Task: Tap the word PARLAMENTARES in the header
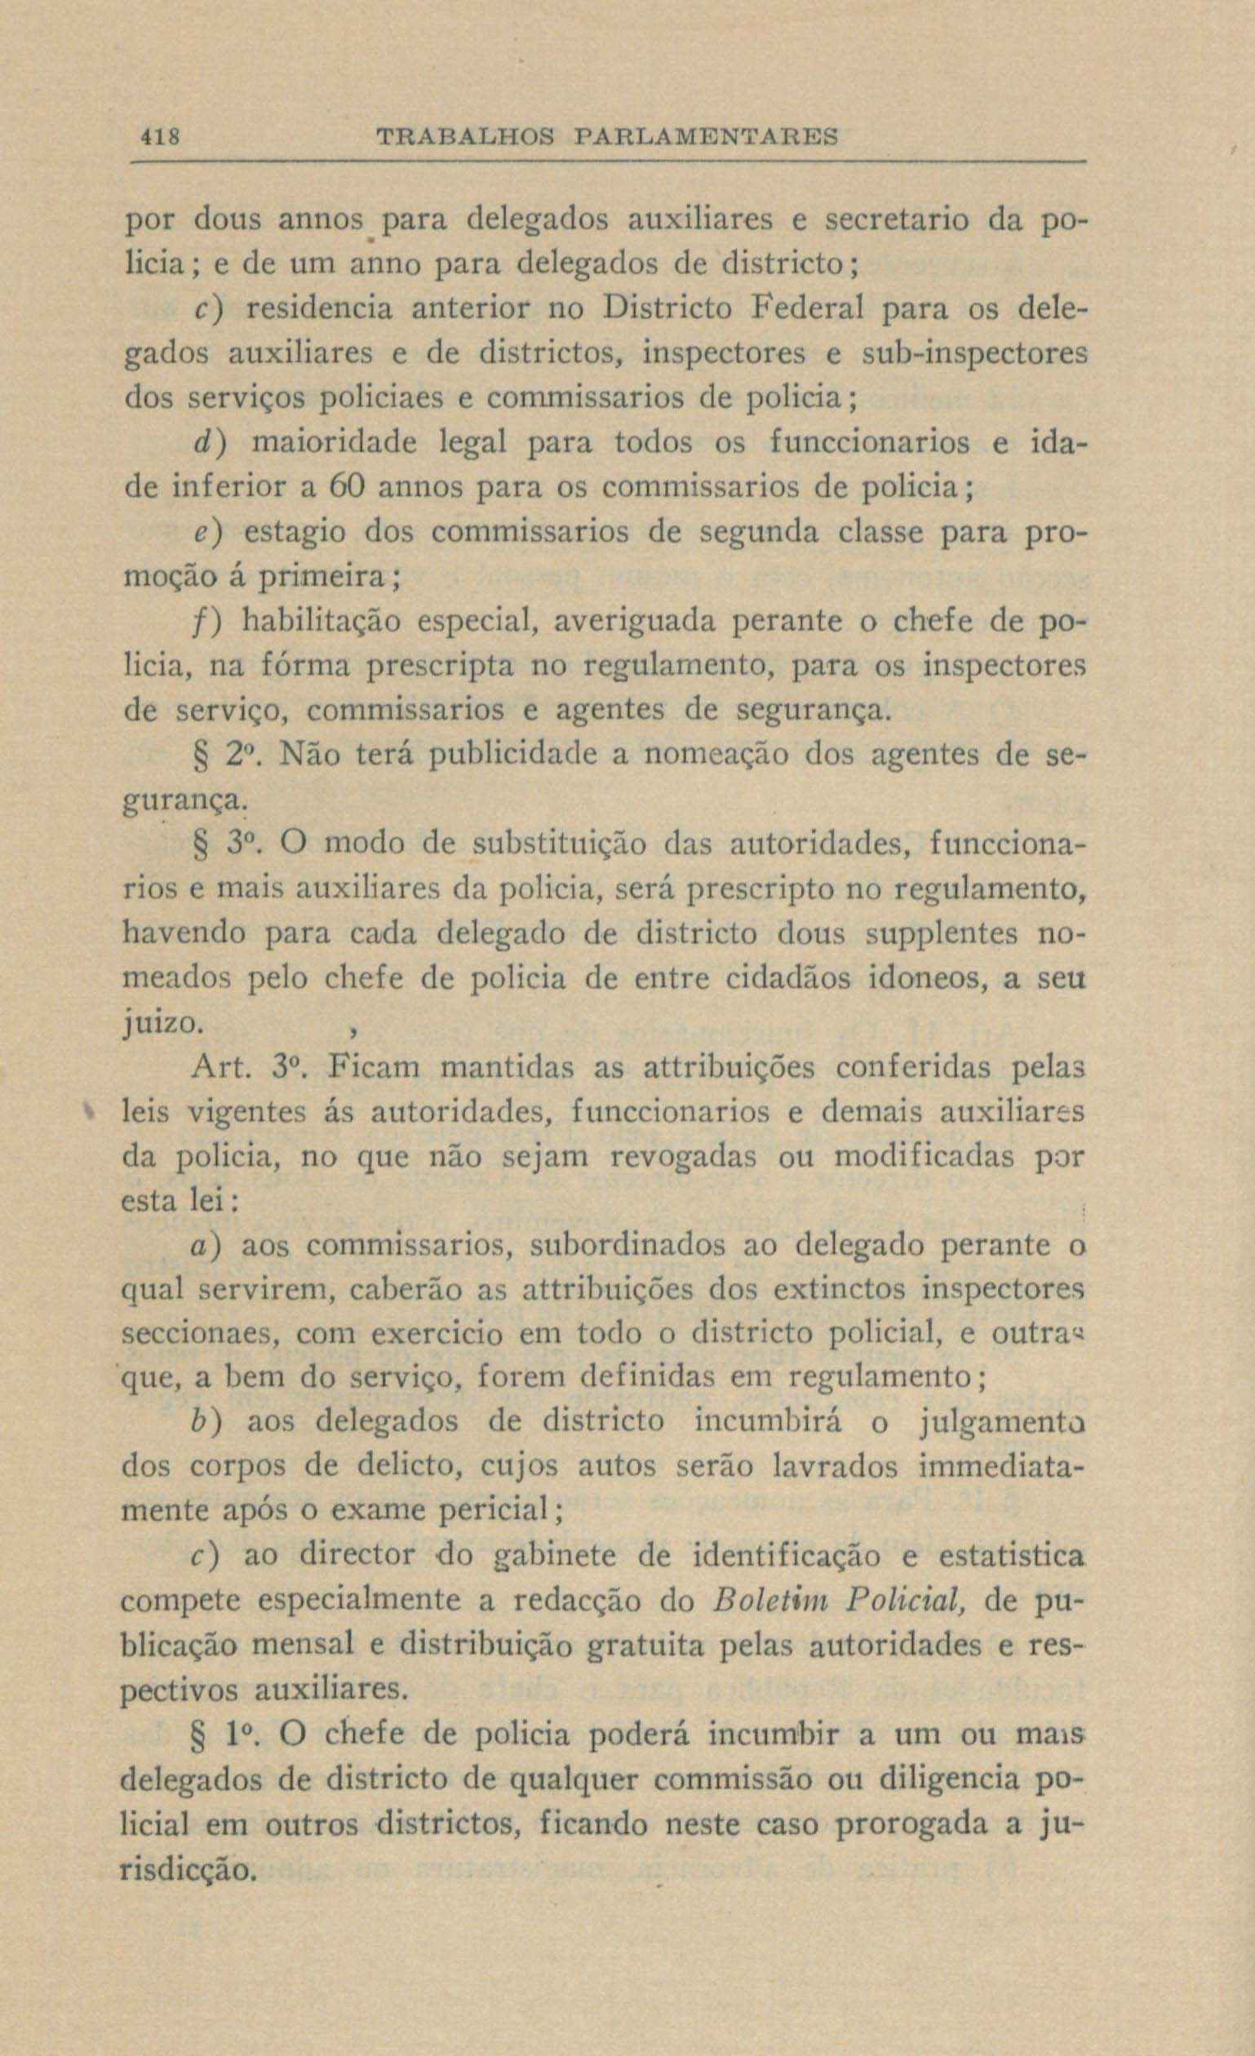[x=706, y=135]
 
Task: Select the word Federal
[x=809, y=308]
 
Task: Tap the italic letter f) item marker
[x=206, y=622]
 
